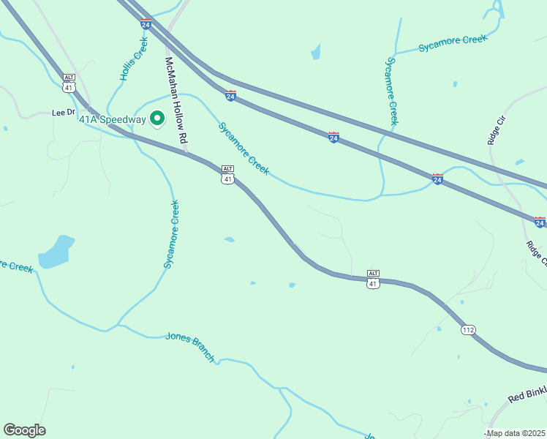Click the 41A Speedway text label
pyautogui.click(x=112, y=119)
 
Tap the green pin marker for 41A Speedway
pyautogui.click(x=156, y=118)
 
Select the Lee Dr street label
pyautogui.click(x=64, y=113)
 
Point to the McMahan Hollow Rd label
pyautogui.click(x=176, y=100)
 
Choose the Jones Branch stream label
pyautogui.click(x=190, y=346)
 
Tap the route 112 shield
pyautogui.click(x=469, y=331)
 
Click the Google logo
pyautogui.click(x=24, y=430)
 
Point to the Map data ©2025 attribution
pyautogui.click(x=516, y=433)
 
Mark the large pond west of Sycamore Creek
pyautogui.click(x=56, y=251)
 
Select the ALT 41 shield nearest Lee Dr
pyautogui.click(x=69, y=83)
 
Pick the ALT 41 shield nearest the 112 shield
pyautogui.click(x=373, y=279)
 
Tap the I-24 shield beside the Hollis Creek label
pyautogui.click(x=146, y=23)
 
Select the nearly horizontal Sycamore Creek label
pyautogui.click(x=453, y=44)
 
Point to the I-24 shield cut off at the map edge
pyautogui.click(x=540, y=221)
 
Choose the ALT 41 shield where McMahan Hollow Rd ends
pyautogui.click(x=228, y=174)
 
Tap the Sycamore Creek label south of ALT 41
pyautogui.click(x=171, y=234)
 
